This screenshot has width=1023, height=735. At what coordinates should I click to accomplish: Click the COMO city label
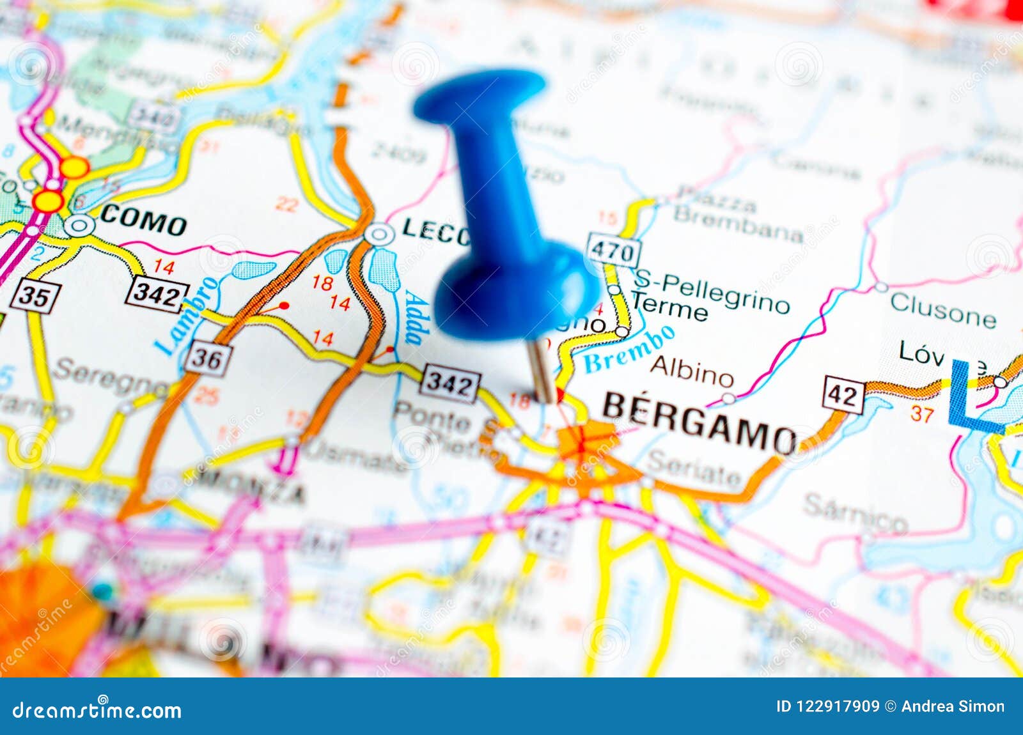pyautogui.click(x=143, y=224)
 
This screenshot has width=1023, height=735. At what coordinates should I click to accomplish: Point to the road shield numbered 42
pyautogui.click(x=843, y=396)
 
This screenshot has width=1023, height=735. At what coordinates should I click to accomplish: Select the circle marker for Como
pyautogui.click(x=80, y=225)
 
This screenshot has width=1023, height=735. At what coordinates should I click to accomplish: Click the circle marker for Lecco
pyautogui.click(x=379, y=235)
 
